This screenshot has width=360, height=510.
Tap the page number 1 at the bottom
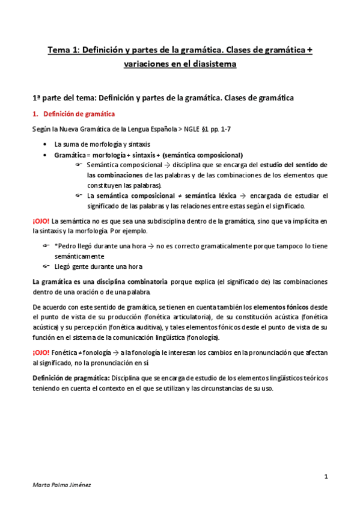[x=325, y=477]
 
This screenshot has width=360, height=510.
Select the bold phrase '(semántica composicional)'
[x=204, y=155]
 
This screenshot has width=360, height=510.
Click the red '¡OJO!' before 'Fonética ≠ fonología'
[x=41, y=352]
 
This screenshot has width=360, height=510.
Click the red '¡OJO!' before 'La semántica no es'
[x=41, y=221]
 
